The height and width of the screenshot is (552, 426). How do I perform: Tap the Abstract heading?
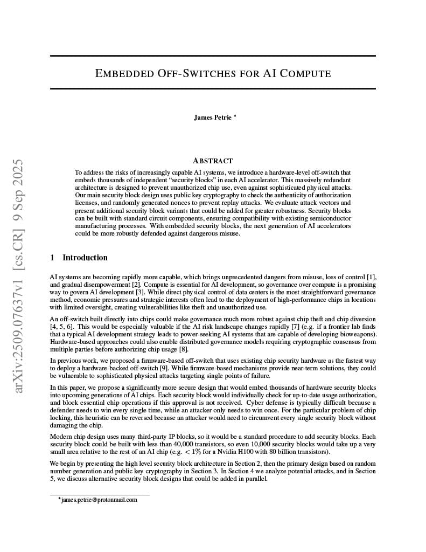click(213, 161)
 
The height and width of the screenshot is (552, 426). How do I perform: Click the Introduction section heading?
click(85, 258)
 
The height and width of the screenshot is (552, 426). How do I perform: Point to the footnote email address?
click(99, 500)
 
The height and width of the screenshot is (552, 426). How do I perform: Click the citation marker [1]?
click(371, 277)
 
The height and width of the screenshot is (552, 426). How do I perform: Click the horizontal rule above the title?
click(213, 56)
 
